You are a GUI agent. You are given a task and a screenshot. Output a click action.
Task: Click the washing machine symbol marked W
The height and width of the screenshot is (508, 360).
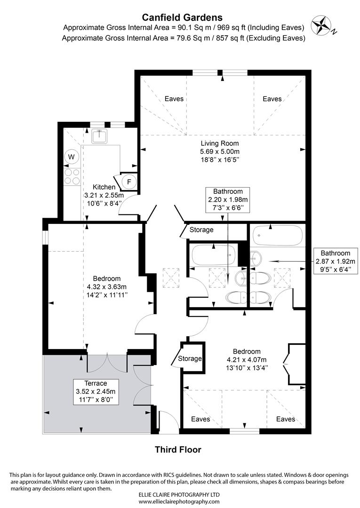(x=72, y=157)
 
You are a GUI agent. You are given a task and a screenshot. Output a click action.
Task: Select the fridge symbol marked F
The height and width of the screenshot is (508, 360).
(x=129, y=181)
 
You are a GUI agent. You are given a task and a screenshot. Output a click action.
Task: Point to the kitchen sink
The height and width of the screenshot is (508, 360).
(x=99, y=136)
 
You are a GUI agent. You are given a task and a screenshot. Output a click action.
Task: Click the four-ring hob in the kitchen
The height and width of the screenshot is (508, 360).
(x=72, y=176)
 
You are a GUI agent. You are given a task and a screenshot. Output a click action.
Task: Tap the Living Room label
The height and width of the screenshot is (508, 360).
(x=220, y=143)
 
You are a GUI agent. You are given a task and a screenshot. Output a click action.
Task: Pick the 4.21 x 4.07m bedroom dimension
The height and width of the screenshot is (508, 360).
(x=247, y=359)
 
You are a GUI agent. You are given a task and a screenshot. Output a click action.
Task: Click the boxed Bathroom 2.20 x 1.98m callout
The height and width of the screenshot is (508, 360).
(x=228, y=199)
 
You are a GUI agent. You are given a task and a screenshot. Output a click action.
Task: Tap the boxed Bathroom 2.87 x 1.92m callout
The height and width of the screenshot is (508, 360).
(x=335, y=261)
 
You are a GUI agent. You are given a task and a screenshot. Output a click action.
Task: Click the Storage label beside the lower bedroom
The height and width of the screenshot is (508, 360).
(x=190, y=358)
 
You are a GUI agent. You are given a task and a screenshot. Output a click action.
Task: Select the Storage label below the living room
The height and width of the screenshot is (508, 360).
(x=201, y=230)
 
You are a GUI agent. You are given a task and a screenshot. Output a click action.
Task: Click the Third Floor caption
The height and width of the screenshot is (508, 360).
(x=178, y=450)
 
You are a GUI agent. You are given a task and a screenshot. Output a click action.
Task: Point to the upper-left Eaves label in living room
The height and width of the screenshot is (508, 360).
(x=174, y=99)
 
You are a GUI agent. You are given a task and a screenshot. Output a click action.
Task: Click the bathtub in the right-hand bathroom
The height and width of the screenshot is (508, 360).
(x=276, y=235)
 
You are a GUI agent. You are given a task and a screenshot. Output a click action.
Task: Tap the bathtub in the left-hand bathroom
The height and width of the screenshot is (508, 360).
(x=213, y=255)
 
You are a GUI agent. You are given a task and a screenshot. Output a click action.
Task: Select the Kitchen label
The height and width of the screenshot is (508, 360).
(x=104, y=187)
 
